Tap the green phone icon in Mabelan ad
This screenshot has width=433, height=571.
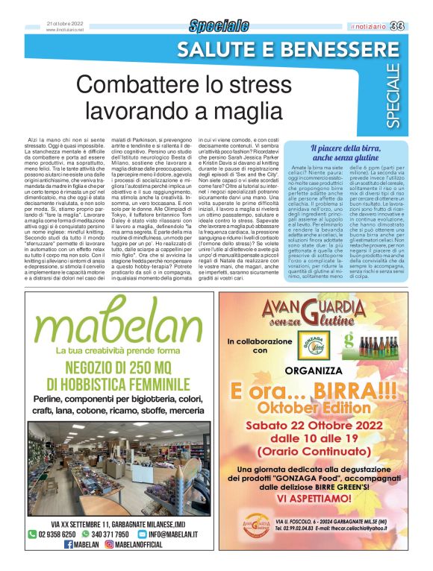click(x=32, y=534)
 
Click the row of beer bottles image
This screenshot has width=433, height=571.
click(x=381, y=347)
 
